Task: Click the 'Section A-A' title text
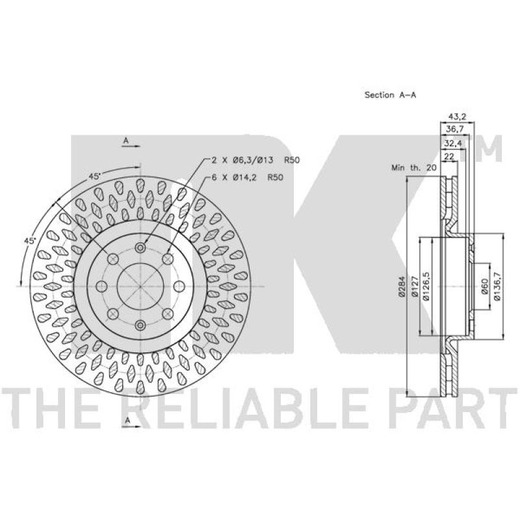(x=391, y=95)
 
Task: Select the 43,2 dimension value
(x=458, y=116)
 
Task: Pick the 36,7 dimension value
(x=454, y=129)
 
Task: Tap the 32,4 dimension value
(x=452, y=144)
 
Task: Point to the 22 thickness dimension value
(x=448, y=157)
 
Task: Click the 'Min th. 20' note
(x=414, y=168)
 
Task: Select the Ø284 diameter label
(x=402, y=286)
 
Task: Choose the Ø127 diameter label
(x=414, y=286)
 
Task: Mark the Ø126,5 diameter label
(x=426, y=286)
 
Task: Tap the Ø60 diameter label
(x=484, y=286)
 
